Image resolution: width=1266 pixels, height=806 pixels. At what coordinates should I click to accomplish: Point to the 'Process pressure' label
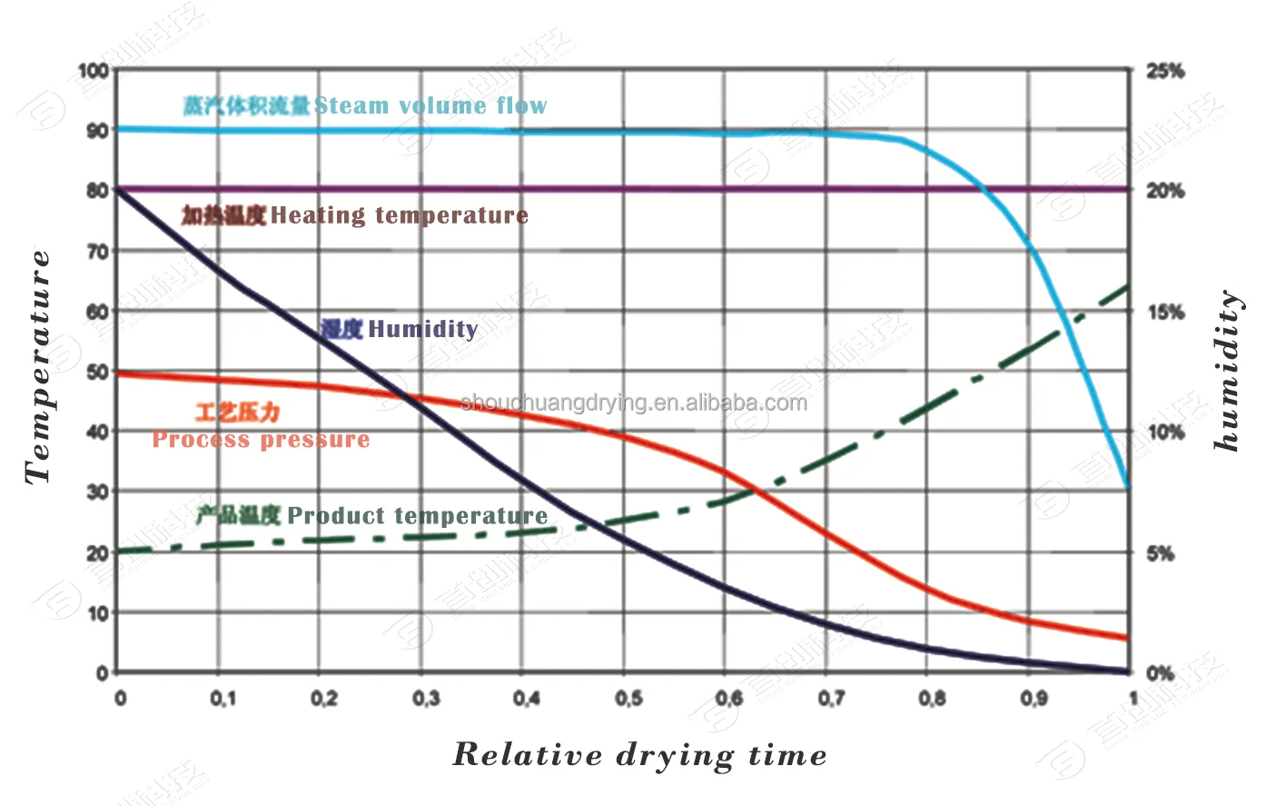coord(262,440)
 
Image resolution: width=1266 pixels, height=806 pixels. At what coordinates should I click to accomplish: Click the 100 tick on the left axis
coord(94,71)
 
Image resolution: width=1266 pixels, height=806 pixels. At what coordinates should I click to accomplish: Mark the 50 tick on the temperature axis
coord(97,372)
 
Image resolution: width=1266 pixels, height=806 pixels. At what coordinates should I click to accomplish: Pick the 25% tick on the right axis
coord(1165,71)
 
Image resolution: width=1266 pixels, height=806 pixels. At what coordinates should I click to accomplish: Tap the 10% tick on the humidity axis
coord(1165,433)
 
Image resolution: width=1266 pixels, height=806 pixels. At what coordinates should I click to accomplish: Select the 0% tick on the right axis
coord(1161,673)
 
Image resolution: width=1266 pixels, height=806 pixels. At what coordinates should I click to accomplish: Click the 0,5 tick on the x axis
coord(628,698)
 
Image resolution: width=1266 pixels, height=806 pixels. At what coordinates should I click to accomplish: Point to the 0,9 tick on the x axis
coord(1034,698)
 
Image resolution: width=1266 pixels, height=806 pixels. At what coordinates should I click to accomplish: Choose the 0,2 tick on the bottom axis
coord(324,698)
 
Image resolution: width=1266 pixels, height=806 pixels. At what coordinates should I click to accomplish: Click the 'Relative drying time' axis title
coord(640,755)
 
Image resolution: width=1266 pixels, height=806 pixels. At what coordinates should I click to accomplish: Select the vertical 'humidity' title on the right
coord(1228,371)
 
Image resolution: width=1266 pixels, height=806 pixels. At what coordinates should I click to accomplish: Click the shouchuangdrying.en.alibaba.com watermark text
coord(634,403)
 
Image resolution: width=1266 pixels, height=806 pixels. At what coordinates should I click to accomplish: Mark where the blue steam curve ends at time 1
coord(1128,488)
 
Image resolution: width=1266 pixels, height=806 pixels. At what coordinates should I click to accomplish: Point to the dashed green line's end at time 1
coord(1128,286)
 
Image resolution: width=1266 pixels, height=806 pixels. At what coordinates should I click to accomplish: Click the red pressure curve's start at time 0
coord(118,373)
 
